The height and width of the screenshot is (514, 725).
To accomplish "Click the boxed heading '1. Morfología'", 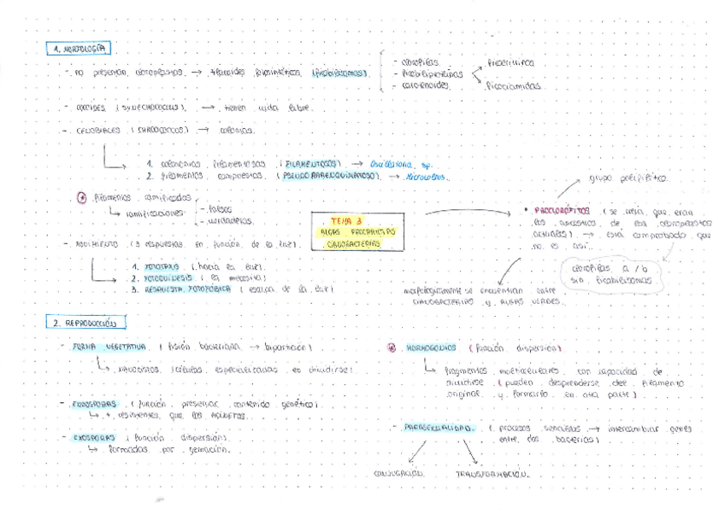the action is [80, 49].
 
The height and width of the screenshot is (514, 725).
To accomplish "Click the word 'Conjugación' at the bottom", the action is [402, 473].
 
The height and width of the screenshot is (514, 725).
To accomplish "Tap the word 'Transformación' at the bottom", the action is [491, 473].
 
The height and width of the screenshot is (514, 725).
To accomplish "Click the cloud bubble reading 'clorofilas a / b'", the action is [616, 273].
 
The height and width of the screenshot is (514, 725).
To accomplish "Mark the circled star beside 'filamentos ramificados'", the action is [80, 197].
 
